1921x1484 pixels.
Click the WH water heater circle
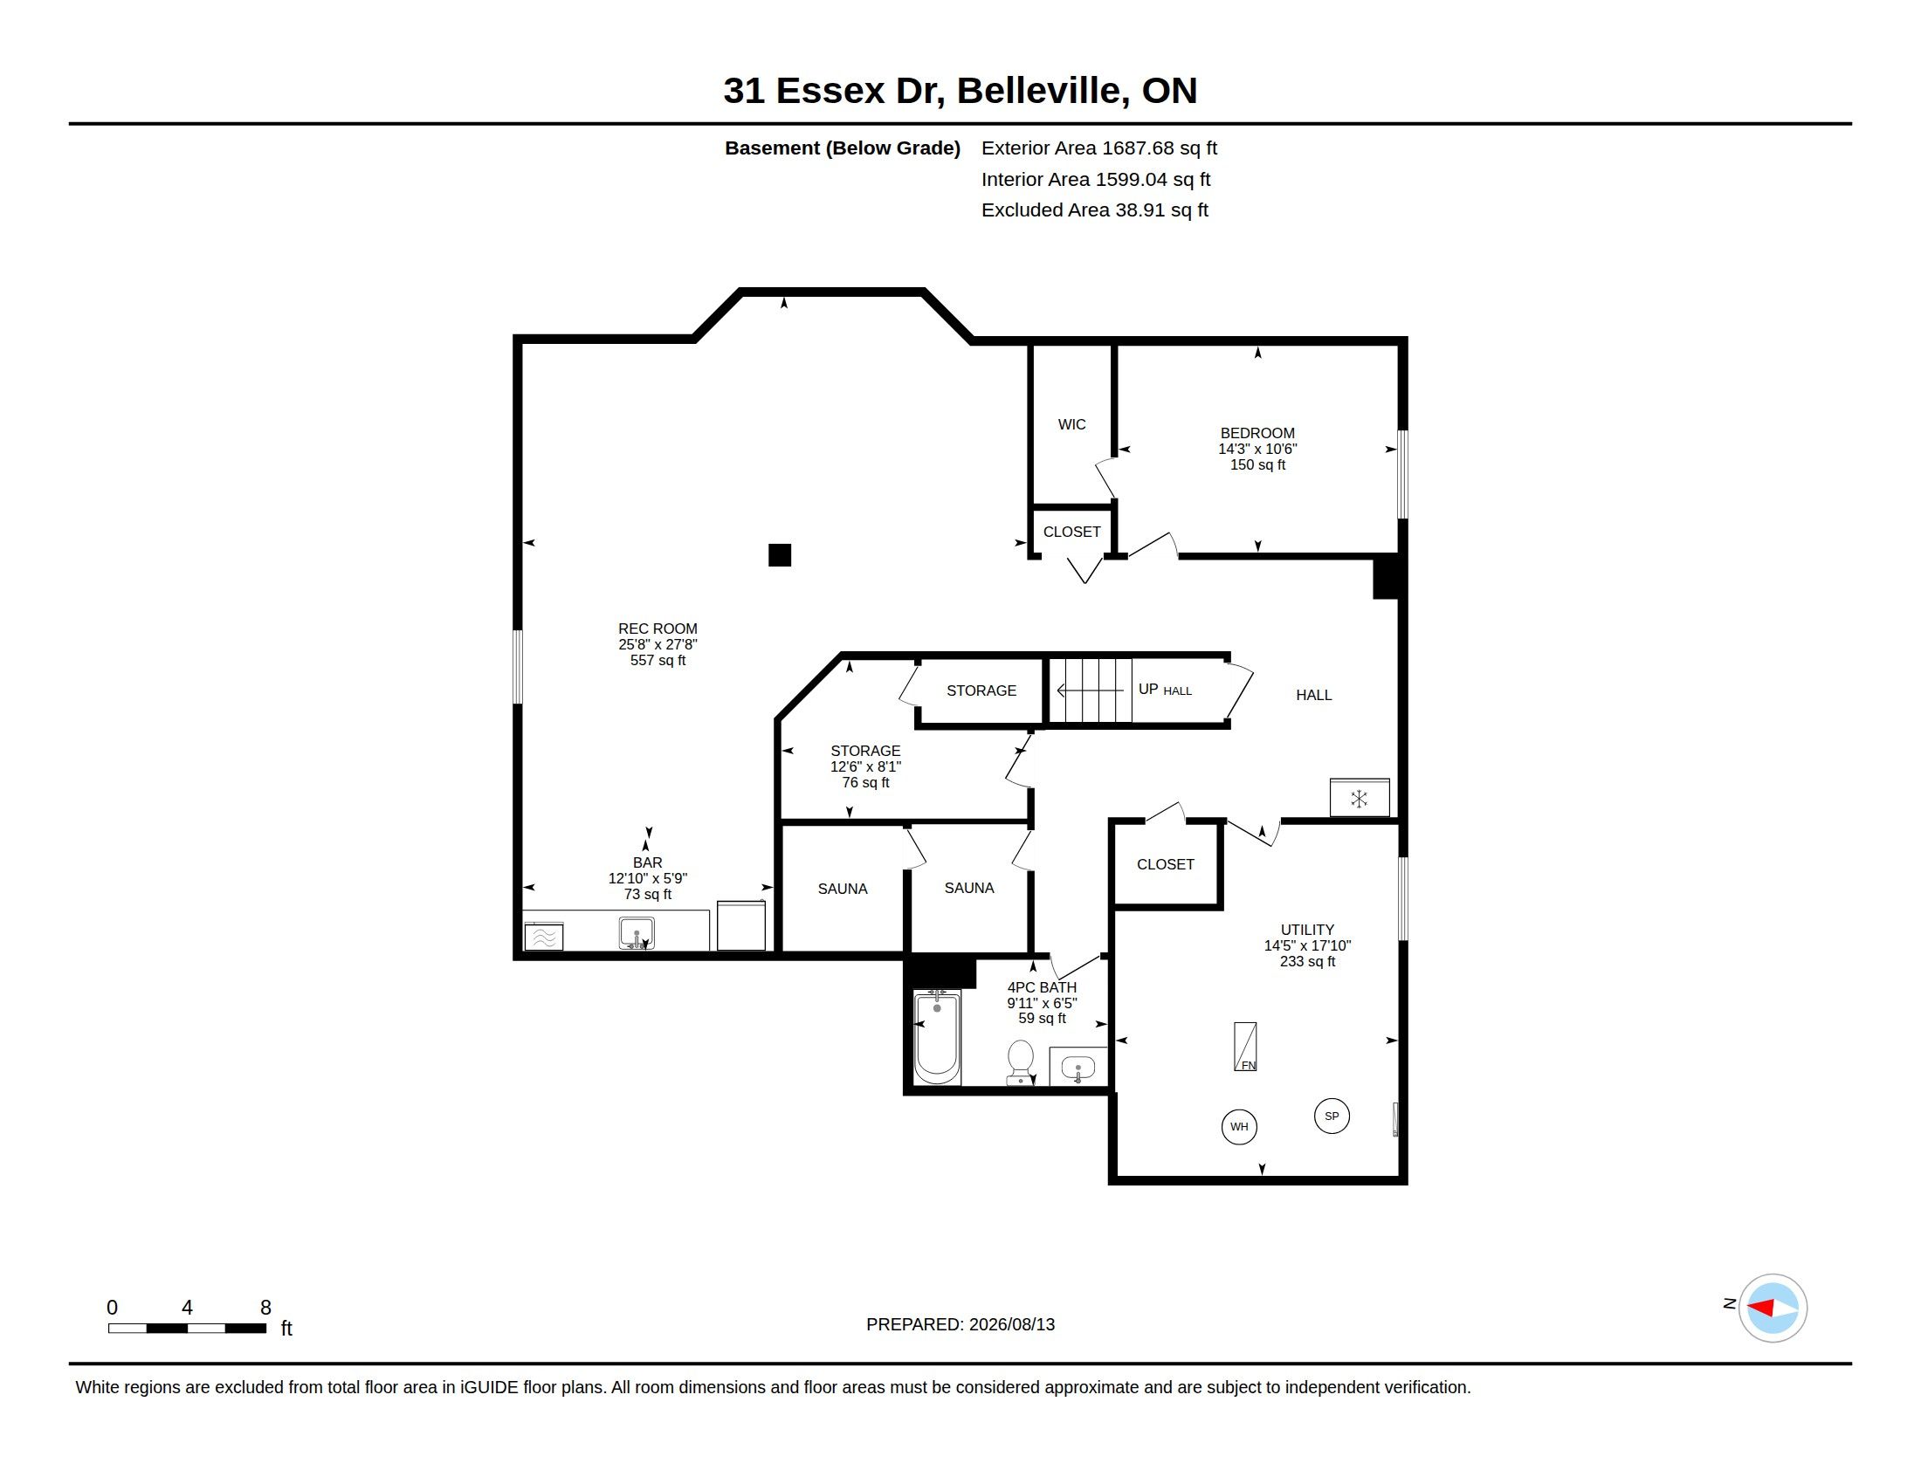coord(1239,1126)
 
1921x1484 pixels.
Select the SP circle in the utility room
coord(1332,1116)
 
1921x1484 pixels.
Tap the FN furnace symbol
coord(1245,1046)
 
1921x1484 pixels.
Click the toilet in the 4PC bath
coord(1020,1063)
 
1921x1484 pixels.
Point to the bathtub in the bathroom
coord(937,1037)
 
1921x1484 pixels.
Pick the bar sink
coord(636,933)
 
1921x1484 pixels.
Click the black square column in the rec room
coord(779,554)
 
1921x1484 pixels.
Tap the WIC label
coord(1071,424)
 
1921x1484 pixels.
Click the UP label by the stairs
coord(1148,690)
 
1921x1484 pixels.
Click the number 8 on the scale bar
coord(265,1308)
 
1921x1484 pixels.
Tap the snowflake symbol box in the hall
coord(1359,798)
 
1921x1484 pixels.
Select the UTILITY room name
coord(1307,930)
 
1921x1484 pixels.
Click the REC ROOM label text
coord(657,629)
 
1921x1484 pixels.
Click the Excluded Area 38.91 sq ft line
coord(1094,210)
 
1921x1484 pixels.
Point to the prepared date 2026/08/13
coord(1011,1324)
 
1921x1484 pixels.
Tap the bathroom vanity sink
coord(1078,1068)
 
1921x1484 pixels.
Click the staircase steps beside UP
coord(1091,690)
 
